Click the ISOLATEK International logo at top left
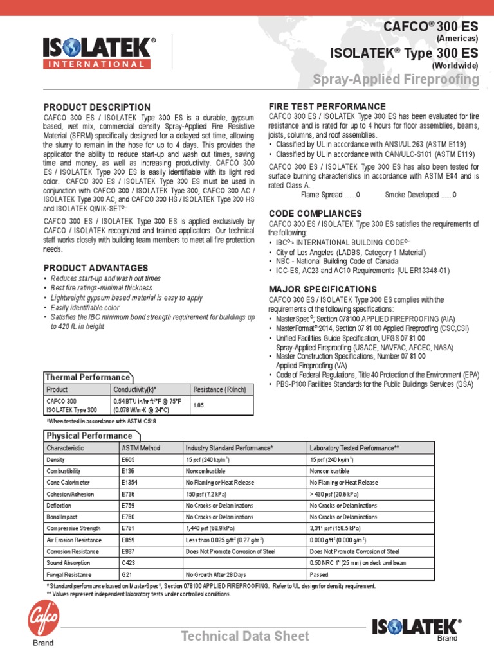(99, 53)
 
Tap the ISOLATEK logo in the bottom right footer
(416, 627)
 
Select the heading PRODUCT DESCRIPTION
(96, 107)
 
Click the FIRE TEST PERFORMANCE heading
(327, 106)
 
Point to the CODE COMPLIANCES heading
(315, 213)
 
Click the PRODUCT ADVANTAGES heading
(95, 267)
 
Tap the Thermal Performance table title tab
(86, 377)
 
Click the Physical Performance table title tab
(87, 436)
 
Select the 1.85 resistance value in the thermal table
(199, 405)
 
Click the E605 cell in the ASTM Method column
(129, 460)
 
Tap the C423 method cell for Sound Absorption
(129, 562)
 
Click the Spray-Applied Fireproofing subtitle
(396, 80)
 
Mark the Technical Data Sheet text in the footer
(245, 636)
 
